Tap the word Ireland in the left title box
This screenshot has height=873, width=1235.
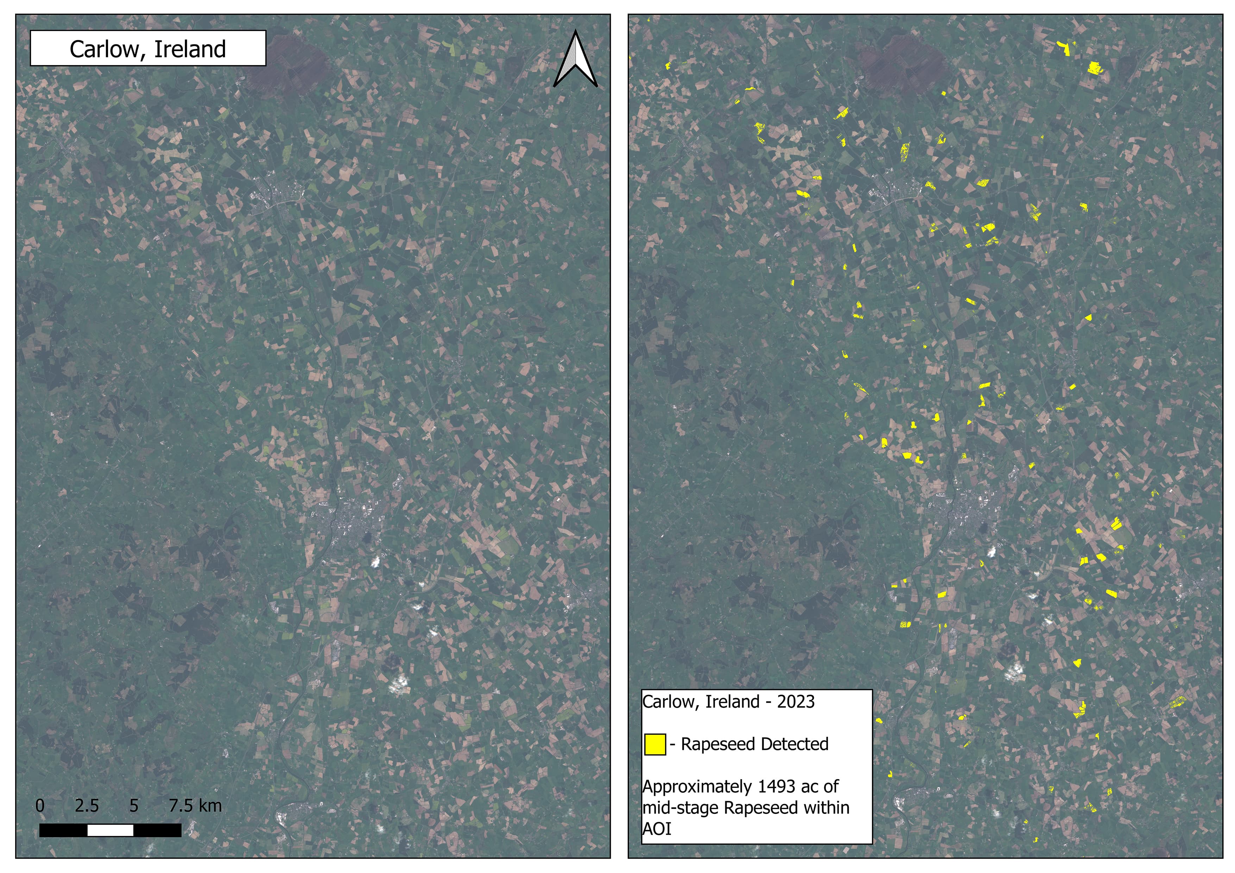click(x=190, y=50)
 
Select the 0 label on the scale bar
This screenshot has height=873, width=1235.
click(x=40, y=806)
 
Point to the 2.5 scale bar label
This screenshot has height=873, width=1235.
click(x=87, y=806)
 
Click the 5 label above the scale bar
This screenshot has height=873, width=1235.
click(x=134, y=806)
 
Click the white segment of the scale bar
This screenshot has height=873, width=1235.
click(x=110, y=830)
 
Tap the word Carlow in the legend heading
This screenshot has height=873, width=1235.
click(x=671, y=702)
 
